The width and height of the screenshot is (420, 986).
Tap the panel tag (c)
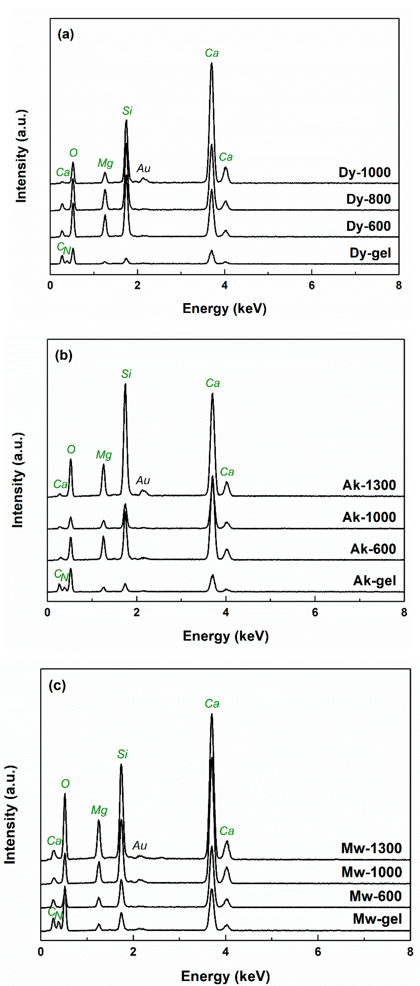coord(57,685)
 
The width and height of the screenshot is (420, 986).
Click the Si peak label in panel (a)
coord(127,111)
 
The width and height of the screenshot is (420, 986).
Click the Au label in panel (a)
coord(144,168)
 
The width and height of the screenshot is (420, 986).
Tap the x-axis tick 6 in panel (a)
coord(312,285)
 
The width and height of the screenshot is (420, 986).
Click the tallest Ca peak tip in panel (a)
coord(211,64)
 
